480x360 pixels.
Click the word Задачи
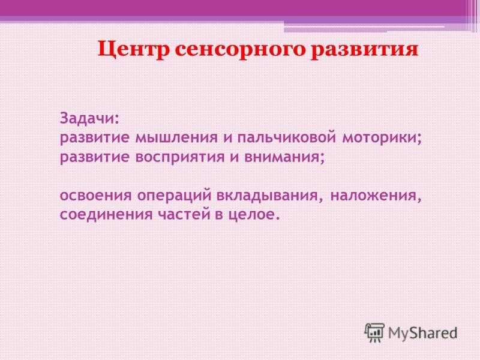pyautogui.click(x=89, y=118)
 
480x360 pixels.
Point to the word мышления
pyautogui.click(x=176, y=137)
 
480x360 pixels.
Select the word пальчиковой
pyautogui.click(x=287, y=138)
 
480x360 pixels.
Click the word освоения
pyautogui.click(x=95, y=196)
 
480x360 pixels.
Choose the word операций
pyautogui.click(x=174, y=194)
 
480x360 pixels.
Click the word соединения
pyautogui.click(x=106, y=215)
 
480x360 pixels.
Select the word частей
pyautogui.click(x=188, y=215)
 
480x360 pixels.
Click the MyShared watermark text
pyautogui.click(x=423, y=333)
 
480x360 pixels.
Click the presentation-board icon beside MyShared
pyautogui.click(x=374, y=332)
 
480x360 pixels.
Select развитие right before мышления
pyautogui.click(x=95, y=138)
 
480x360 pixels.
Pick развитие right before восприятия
pyautogui.click(x=95, y=157)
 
